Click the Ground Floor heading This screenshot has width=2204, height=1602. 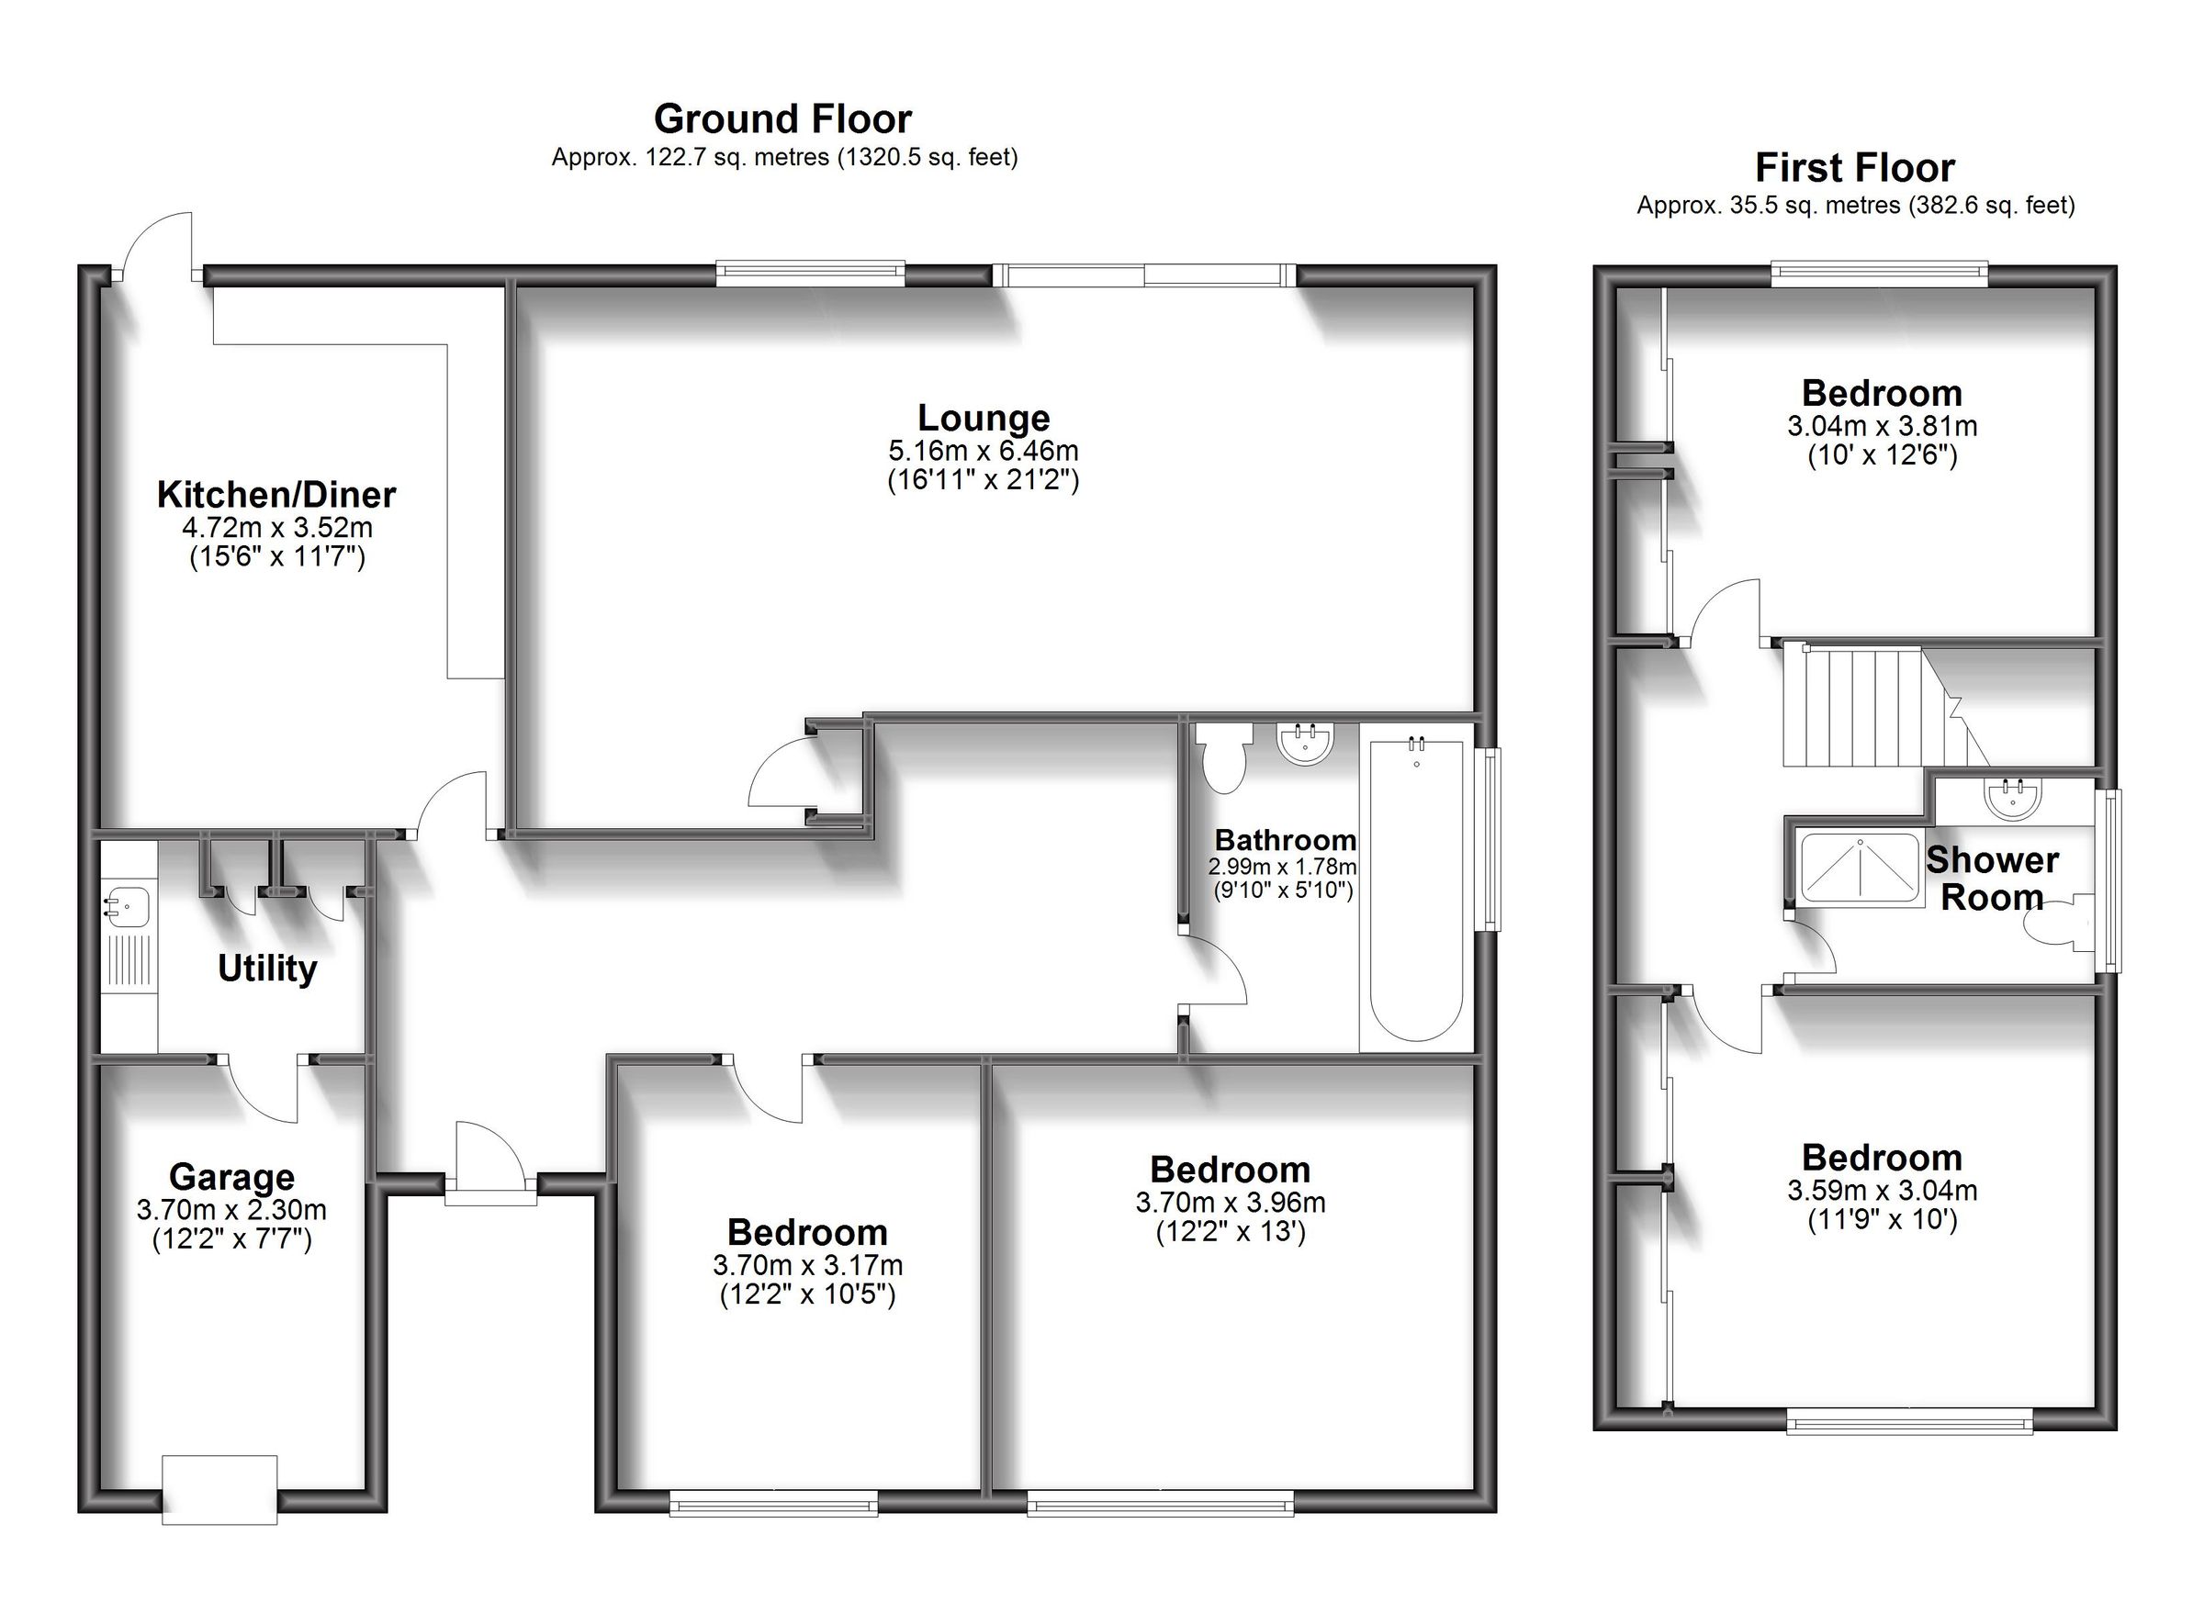tap(782, 119)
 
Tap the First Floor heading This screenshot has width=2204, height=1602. tap(1854, 168)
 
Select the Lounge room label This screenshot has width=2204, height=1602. tap(984, 418)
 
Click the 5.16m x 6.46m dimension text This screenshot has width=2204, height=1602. tap(984, 451)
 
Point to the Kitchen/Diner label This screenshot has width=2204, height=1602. tap(276, 495)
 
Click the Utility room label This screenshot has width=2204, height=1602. tap(267, 969)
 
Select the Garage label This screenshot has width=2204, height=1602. tap(231, 1177)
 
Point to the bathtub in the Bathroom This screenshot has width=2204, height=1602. tap(1416, 889)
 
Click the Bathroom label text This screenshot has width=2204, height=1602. tap(1285, 840)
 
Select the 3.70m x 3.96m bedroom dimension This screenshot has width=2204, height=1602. tap(1231, 1203)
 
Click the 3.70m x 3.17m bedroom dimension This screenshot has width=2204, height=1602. tap(807, 1265)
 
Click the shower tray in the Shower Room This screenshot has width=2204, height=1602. tap(1860, 868)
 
